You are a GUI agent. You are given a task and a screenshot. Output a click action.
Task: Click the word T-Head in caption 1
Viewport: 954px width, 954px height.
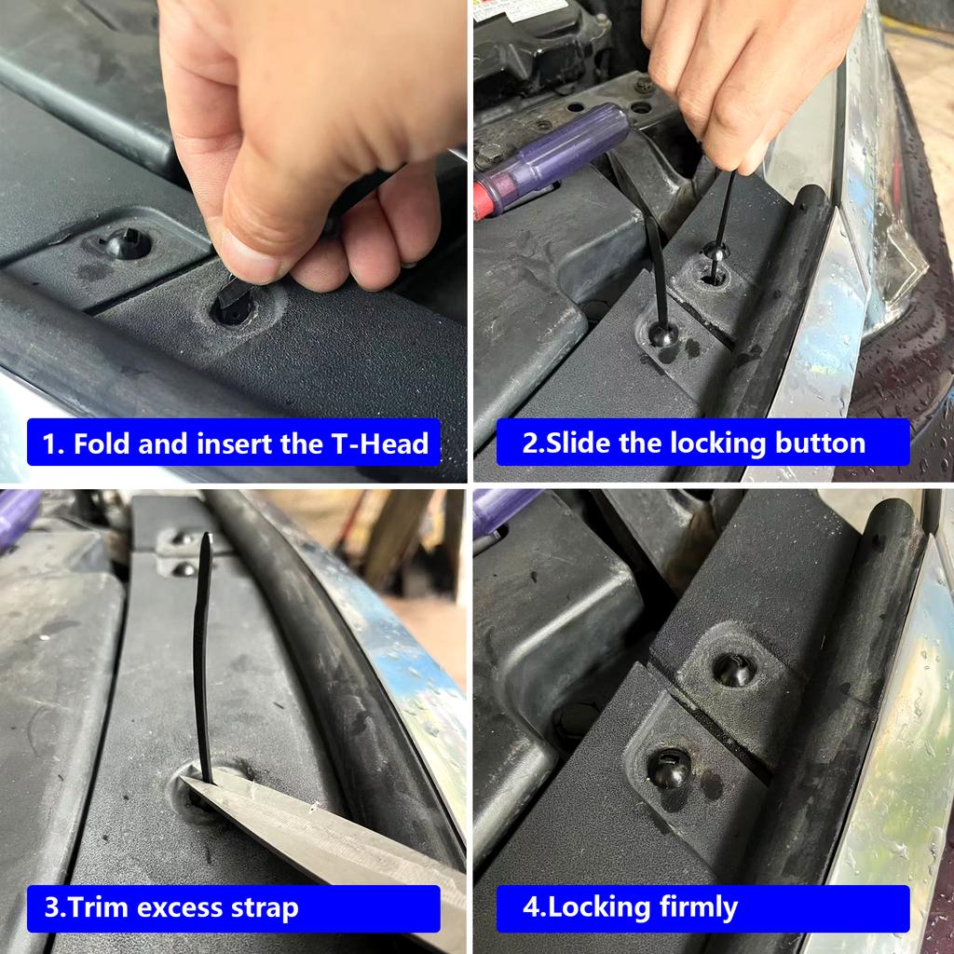click(381, 443)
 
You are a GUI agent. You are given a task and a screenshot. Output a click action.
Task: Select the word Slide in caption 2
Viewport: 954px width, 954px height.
click(578, 443)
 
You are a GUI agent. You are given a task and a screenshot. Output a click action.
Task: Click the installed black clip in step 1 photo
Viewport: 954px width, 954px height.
click(127, 244)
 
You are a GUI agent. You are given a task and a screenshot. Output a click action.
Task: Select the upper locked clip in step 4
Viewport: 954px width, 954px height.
click(733, 669)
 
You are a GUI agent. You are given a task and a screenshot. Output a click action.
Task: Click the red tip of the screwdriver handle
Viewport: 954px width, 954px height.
click(483, 198)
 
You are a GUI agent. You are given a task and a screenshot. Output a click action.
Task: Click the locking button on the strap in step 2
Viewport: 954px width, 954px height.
click(715, 250)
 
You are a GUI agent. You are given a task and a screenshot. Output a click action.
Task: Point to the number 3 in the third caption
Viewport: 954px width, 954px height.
click(52, 907)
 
